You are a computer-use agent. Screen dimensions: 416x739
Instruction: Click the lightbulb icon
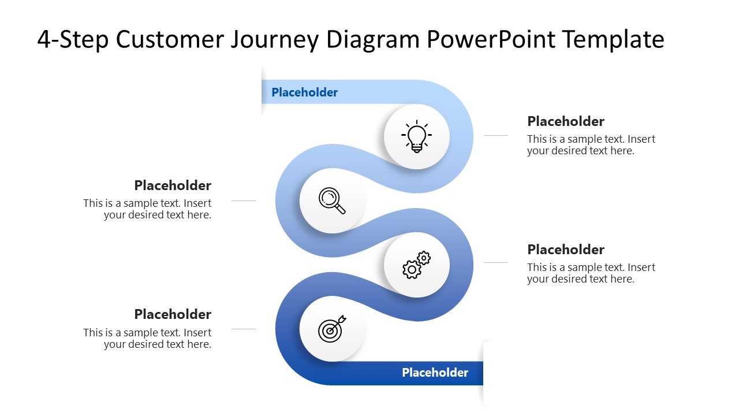(x=416, y=137)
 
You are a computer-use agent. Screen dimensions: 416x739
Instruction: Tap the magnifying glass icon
(x=332, y=200)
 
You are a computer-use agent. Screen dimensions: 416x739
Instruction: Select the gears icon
(x=416, y=265)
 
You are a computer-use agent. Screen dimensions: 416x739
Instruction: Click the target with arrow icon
(x=332, y=329)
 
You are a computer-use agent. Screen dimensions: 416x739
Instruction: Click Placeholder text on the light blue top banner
(x=304, y=92)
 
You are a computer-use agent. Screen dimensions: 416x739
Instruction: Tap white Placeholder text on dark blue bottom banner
(x=435, y=373)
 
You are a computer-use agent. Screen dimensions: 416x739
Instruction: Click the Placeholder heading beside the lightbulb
(x=565, y=121)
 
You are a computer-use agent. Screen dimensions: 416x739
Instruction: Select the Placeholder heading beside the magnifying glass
(x=173, y=185)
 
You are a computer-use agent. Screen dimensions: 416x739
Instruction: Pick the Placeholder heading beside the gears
(x=565, y=250)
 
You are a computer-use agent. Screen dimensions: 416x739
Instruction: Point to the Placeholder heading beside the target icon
(x=173, y=314)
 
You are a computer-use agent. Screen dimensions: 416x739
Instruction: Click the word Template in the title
(x=613, y=40)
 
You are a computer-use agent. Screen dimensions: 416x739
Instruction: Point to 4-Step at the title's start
(x=73, y=40)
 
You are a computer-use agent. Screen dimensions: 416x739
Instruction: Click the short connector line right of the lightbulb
(x=495, y=136)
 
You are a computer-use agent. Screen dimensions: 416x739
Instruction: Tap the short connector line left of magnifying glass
(x=243, y=201)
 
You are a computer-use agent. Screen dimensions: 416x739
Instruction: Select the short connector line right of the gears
(x=495, y=263)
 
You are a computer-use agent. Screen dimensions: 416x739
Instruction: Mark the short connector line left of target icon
(x=243, y=329)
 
